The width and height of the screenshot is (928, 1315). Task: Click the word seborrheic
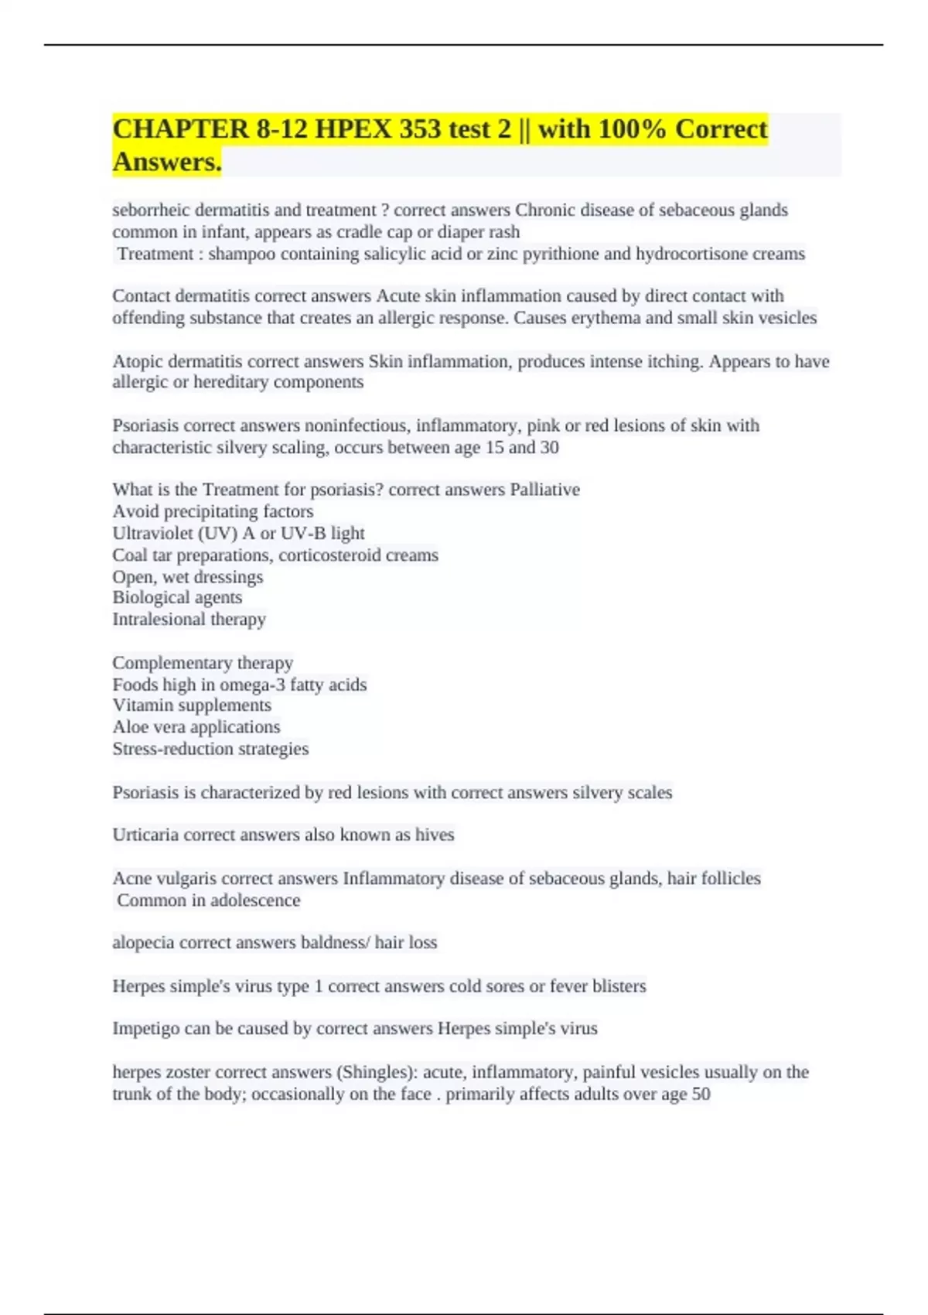151,210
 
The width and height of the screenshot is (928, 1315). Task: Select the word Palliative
544,490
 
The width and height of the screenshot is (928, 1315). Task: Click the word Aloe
128,727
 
